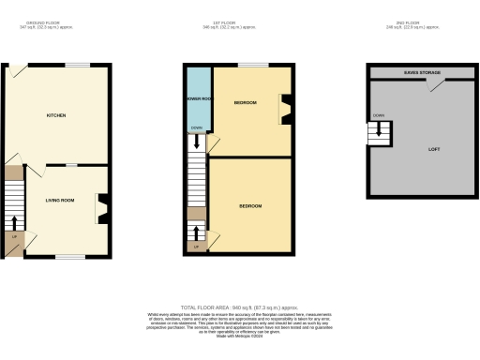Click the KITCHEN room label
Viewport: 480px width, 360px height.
coord(56,115)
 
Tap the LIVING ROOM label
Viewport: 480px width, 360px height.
coord(60,200)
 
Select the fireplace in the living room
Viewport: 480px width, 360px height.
coord(103,208)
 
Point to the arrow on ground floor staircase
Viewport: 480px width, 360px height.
coord(14,221)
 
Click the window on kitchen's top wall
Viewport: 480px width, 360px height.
coord(76,64)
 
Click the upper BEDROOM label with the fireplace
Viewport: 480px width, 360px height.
coord(245,101)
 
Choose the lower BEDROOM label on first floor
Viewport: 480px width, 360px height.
coord(249,205)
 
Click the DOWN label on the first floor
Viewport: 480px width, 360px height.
coord(195,128)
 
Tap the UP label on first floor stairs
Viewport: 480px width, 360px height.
coord(195,247)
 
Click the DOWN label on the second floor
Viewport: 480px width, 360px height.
coord(378,115)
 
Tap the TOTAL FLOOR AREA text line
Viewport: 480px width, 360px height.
coord(239,307)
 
